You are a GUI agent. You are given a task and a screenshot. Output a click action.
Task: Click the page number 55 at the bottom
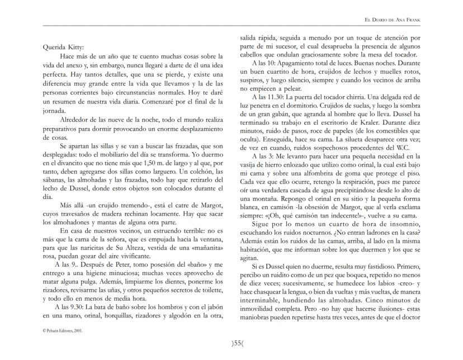click(x=231, y=343)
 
